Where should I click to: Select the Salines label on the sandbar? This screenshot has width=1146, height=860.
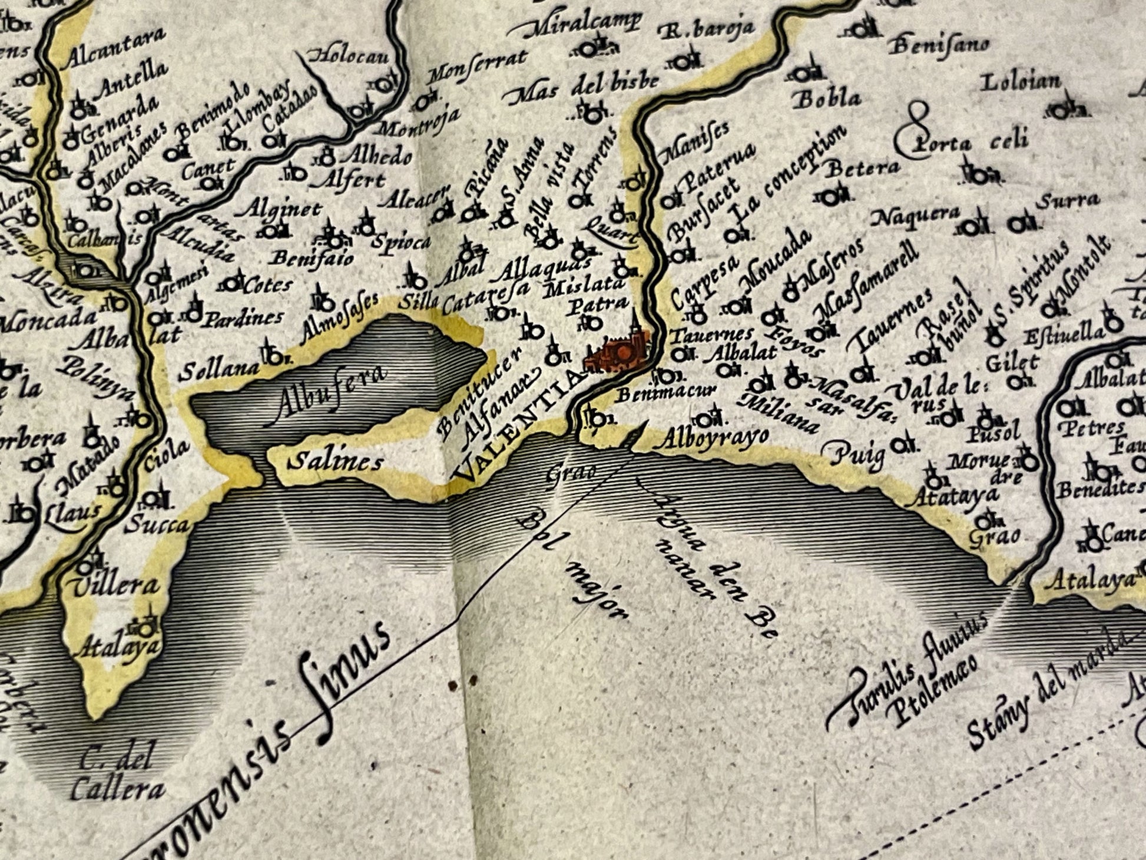pos(336,460)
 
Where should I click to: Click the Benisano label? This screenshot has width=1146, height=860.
pos(939,44)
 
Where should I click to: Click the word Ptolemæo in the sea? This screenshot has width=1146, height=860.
pos(936,689)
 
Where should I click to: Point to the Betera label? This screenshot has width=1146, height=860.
pos(862,168)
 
